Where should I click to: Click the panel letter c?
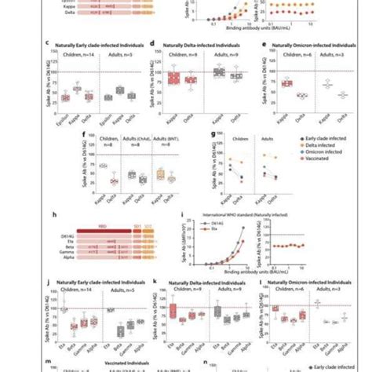click(x=51, y=47)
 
